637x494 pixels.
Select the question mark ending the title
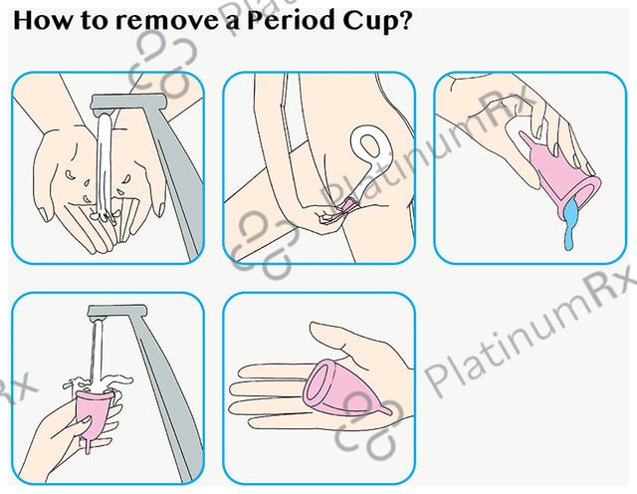405,20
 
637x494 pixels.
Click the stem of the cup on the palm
385,409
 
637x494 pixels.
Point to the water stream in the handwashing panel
104,162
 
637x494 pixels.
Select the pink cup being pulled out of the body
348,206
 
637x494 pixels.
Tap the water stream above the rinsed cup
97,354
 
